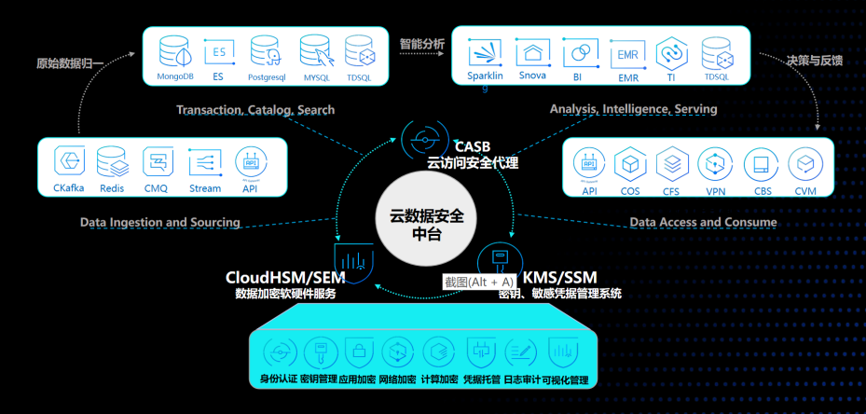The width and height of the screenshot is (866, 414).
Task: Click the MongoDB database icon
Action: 173,50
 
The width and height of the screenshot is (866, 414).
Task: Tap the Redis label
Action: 112,188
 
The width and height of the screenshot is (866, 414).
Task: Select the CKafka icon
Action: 68,160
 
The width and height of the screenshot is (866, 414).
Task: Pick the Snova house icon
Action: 532,52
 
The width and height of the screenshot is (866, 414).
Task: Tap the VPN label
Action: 716,192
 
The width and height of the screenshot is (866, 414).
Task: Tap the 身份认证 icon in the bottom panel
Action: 278,352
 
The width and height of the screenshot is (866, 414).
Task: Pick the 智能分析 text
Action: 421,43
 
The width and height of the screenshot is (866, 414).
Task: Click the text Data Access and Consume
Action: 703,223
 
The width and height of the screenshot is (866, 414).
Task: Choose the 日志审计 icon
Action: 521,352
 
